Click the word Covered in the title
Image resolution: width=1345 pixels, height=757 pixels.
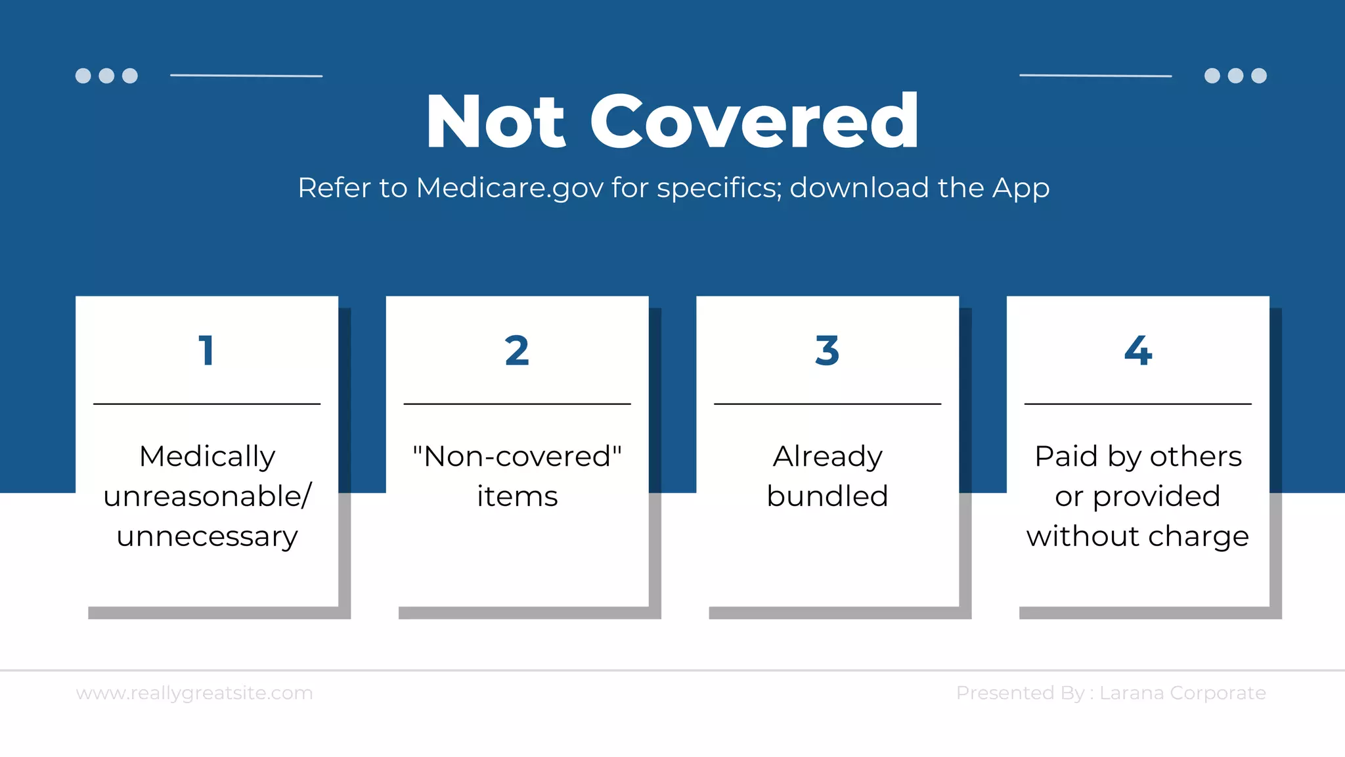click(x=755, y=123)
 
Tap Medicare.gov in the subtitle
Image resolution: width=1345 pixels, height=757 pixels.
click(x=510, y=188)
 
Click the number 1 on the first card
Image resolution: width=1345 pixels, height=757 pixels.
click(x=206, y=350)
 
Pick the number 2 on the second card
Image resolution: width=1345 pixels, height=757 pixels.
click(x=517, y=350)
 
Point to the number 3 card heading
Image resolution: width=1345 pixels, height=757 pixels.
click(x=827, y=350)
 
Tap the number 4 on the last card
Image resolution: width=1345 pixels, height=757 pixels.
click(x=1137, y=350)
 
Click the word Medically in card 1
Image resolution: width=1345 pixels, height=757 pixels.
click(x=207, y=457)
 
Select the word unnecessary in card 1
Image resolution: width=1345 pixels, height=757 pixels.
click(x=207, y=537)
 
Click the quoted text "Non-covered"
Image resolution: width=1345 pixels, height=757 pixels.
click(x=517, y=456)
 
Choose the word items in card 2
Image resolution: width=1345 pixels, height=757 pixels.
click(x=517, y=496)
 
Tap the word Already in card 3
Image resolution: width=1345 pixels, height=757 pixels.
click(x=827, y=457)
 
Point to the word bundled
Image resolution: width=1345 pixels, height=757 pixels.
click(x=827, y=496)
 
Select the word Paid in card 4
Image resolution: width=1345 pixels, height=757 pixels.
click(x=1066, y=456)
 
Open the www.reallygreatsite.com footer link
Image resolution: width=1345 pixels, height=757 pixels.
click(x=194, y=693)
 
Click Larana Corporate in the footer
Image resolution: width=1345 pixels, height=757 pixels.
click(x=1182, y=693)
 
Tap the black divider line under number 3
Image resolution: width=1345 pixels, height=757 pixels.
click(x=827, y=403)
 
